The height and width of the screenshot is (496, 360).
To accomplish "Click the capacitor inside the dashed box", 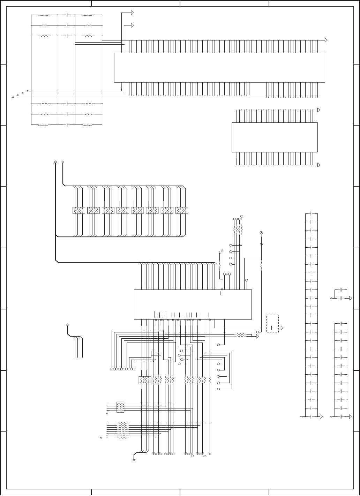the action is (x=272, y=328).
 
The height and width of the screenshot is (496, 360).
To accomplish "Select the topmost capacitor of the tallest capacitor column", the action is (x=311, y=213).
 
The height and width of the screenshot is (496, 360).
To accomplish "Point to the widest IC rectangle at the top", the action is (x=220, y=67).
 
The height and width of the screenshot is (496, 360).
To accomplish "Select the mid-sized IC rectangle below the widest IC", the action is (x=275, y=137).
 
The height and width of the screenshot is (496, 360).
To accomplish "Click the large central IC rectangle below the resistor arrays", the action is (x=193, y=304).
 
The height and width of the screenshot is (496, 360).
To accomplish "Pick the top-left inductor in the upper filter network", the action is (x=44, y=15).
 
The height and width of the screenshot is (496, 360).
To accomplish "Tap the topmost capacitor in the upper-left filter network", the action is (x=67, y=15).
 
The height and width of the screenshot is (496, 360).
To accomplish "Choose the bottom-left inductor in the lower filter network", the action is (x=44, y=125).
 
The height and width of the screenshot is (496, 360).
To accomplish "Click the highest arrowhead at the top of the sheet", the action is (x=133, y=13).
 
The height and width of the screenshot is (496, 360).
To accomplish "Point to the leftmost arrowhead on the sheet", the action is (x=13, y=97).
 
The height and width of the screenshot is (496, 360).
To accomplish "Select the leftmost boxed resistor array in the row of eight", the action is (x=78, y=210).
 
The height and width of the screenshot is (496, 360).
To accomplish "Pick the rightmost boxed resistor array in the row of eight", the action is (x=182, y=210).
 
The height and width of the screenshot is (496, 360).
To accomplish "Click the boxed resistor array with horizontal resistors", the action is (x=120, y=407).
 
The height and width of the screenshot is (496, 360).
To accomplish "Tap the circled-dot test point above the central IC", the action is (x=261, y=233).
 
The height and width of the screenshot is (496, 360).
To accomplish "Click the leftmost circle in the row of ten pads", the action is (x=112, y=369).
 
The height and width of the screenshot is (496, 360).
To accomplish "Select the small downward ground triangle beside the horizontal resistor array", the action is (x=107, y=414).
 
